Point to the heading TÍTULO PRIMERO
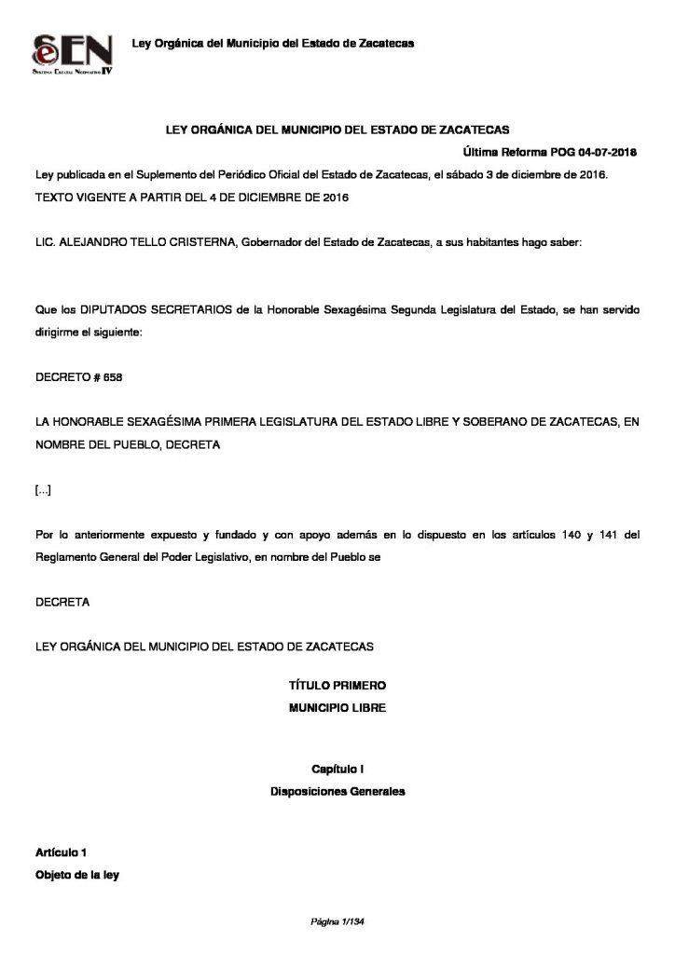[337, 685]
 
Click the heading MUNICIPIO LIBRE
[337, 708]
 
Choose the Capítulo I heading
[337, 769]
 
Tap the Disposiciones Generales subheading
[337, 792]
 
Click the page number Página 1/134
[337, 921]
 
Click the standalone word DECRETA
[62, 602]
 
